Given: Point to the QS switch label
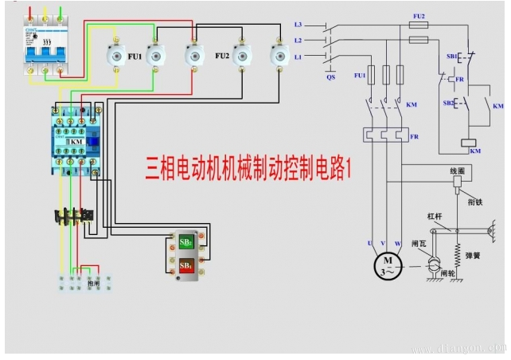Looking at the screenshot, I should click(x=331, y=77).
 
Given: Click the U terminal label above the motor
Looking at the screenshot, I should click(x=369, y=241).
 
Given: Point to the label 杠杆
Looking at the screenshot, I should click(x=434, y=216).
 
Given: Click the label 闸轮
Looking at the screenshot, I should click(x=447, y=272).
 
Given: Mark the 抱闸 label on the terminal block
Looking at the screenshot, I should click(x=93, y=282).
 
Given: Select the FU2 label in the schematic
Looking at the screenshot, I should click(x=419, y=15).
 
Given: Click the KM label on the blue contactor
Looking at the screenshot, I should click(x=76, y=141).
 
